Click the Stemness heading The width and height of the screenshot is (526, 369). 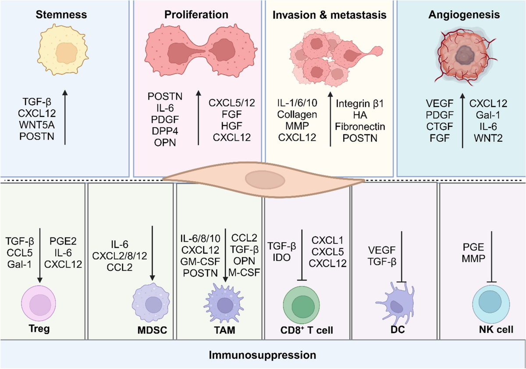tap(61, 14)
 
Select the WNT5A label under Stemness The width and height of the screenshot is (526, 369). tap(37, 125)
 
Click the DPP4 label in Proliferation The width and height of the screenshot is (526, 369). tap(165, 131)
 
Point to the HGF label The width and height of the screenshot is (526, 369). tap(231, 126)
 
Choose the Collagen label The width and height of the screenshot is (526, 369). tap(297, 115)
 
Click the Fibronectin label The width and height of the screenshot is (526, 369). tap(360, 127)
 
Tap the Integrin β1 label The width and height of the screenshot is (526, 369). tap(360, 104)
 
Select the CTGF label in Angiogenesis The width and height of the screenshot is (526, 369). tap(440, 126)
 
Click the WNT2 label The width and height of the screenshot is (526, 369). tap(488, 138)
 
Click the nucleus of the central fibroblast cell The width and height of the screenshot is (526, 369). tap(265, 180)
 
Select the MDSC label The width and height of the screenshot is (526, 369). tap(152, 330)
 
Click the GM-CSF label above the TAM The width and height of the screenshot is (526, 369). tap(200, 262)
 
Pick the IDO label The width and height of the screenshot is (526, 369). tap(281, 258)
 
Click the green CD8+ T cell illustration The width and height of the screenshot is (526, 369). tap(302, 305)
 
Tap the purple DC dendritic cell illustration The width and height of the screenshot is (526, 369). tap(395, 304)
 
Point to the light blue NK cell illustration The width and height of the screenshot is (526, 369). tap(491, 304)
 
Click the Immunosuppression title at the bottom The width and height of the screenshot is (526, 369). tap(263, 355)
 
